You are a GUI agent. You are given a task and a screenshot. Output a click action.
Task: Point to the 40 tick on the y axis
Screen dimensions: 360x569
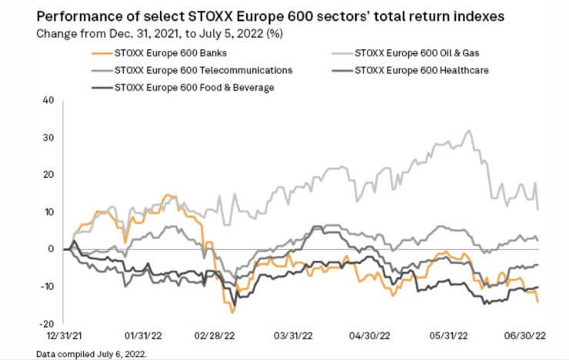48,100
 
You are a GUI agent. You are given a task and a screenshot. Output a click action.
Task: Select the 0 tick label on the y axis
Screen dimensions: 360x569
50,249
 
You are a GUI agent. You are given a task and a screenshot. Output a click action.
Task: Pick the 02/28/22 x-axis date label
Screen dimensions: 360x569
216,335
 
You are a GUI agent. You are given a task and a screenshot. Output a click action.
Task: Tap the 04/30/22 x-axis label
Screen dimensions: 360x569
370,335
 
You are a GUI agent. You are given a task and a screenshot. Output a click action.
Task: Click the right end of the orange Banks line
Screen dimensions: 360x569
537,302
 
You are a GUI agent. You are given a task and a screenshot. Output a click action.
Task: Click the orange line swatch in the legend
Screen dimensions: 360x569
97,53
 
